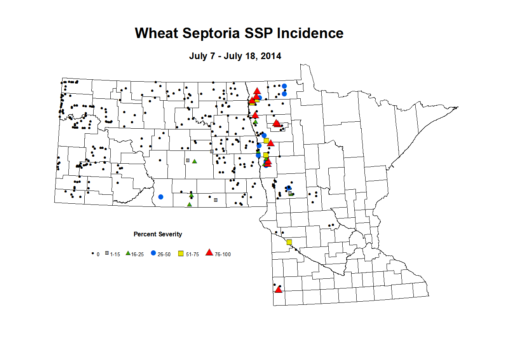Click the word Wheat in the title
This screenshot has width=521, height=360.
[x=157, y=33]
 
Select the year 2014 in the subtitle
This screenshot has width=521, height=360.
[x=271, y=56]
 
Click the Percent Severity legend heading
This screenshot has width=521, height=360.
[x=158, y=234]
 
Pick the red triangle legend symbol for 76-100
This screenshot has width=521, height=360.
[x=209, y=253]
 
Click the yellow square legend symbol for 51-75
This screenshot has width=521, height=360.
[x=181, y=253]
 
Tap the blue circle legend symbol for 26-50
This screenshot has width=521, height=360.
[x=153, y=253]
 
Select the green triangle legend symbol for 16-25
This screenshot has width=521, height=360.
[x=128, y=253]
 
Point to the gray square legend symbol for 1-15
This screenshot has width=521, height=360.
[x=107, y=253]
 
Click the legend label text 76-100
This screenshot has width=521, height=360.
[x=223, y=255]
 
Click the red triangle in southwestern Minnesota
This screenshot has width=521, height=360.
[x=278, y=290]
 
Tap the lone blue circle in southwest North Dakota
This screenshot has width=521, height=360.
[x=160, y=197]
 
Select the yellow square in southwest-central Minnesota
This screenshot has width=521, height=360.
[x=289, y=242]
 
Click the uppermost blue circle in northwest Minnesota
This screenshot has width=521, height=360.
[x=284, y=86]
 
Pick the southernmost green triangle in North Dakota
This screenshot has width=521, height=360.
[x=189, y=204]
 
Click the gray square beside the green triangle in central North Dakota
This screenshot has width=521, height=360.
[x=188, y=160]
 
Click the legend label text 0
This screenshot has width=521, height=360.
[x=98, y=255]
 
